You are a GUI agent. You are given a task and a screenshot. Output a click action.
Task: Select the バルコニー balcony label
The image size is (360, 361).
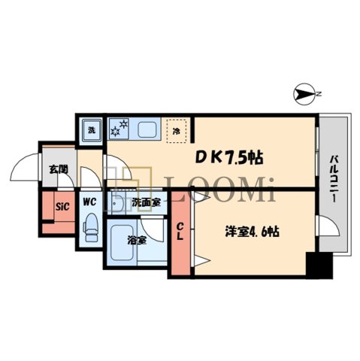click(x=331, y=177)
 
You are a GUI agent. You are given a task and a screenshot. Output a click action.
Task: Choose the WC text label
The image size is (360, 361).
click(x=89, y=202)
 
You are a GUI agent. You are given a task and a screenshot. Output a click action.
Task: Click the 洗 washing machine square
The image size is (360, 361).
click(x=91, y=130)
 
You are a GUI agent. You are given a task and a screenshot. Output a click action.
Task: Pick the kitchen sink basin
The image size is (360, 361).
click(x=145, y=129)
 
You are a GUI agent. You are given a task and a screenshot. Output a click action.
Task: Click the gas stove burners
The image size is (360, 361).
click(x=119, y=129)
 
